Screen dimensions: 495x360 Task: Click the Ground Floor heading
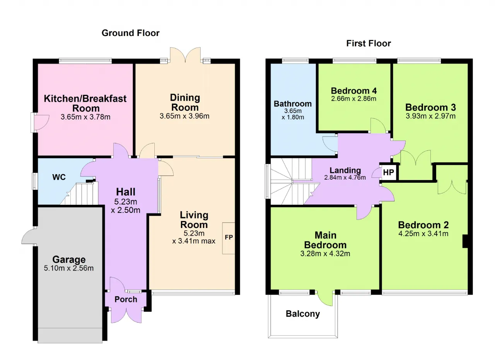pos(130,33)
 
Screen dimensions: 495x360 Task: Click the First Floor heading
pos(369,43)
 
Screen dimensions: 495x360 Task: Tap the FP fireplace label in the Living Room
pos(229,237)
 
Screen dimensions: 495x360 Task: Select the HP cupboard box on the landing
pos(389,172)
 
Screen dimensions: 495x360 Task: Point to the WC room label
pos(59,177)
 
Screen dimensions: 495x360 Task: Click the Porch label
pos(126,299)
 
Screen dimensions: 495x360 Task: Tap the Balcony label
pos(303,314)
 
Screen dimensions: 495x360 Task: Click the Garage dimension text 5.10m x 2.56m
pos(69,268)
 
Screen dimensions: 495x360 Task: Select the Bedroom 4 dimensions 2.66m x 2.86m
pos(353,99)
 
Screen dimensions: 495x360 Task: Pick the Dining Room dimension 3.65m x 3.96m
pos(184,116)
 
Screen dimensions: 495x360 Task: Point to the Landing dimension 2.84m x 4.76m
pos(345,177)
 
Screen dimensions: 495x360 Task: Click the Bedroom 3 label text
pos(430,108)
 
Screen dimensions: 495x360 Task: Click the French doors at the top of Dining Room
pos(185,55)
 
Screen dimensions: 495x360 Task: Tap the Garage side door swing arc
pos(28,237)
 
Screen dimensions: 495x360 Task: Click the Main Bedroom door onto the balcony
pos(325,298)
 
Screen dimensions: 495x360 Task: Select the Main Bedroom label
pos(325,240)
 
